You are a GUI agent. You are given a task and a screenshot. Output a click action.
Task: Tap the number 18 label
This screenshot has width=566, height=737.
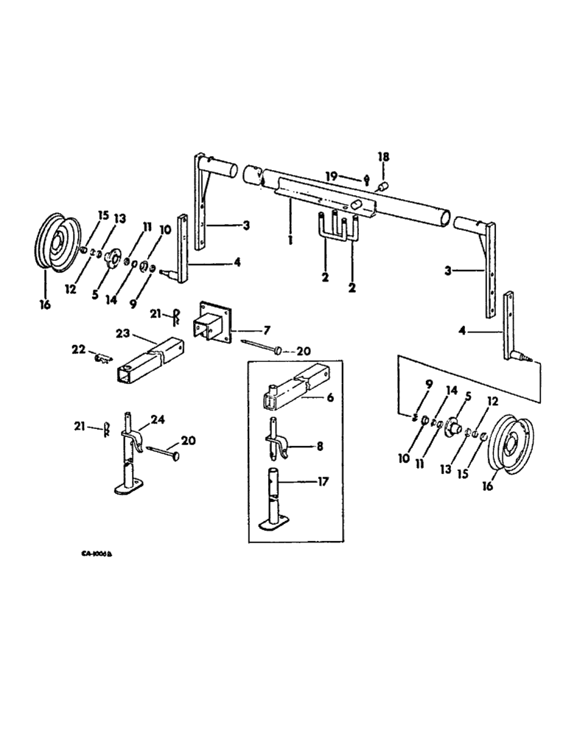pyautogui.click(x=382, y=157)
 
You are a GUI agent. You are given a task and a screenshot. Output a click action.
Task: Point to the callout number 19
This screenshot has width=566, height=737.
pyautogui.click(x=332, y=176)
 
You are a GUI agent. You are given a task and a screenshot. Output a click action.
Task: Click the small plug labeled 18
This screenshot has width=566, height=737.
pyautogui.click(x=383, y=189)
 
